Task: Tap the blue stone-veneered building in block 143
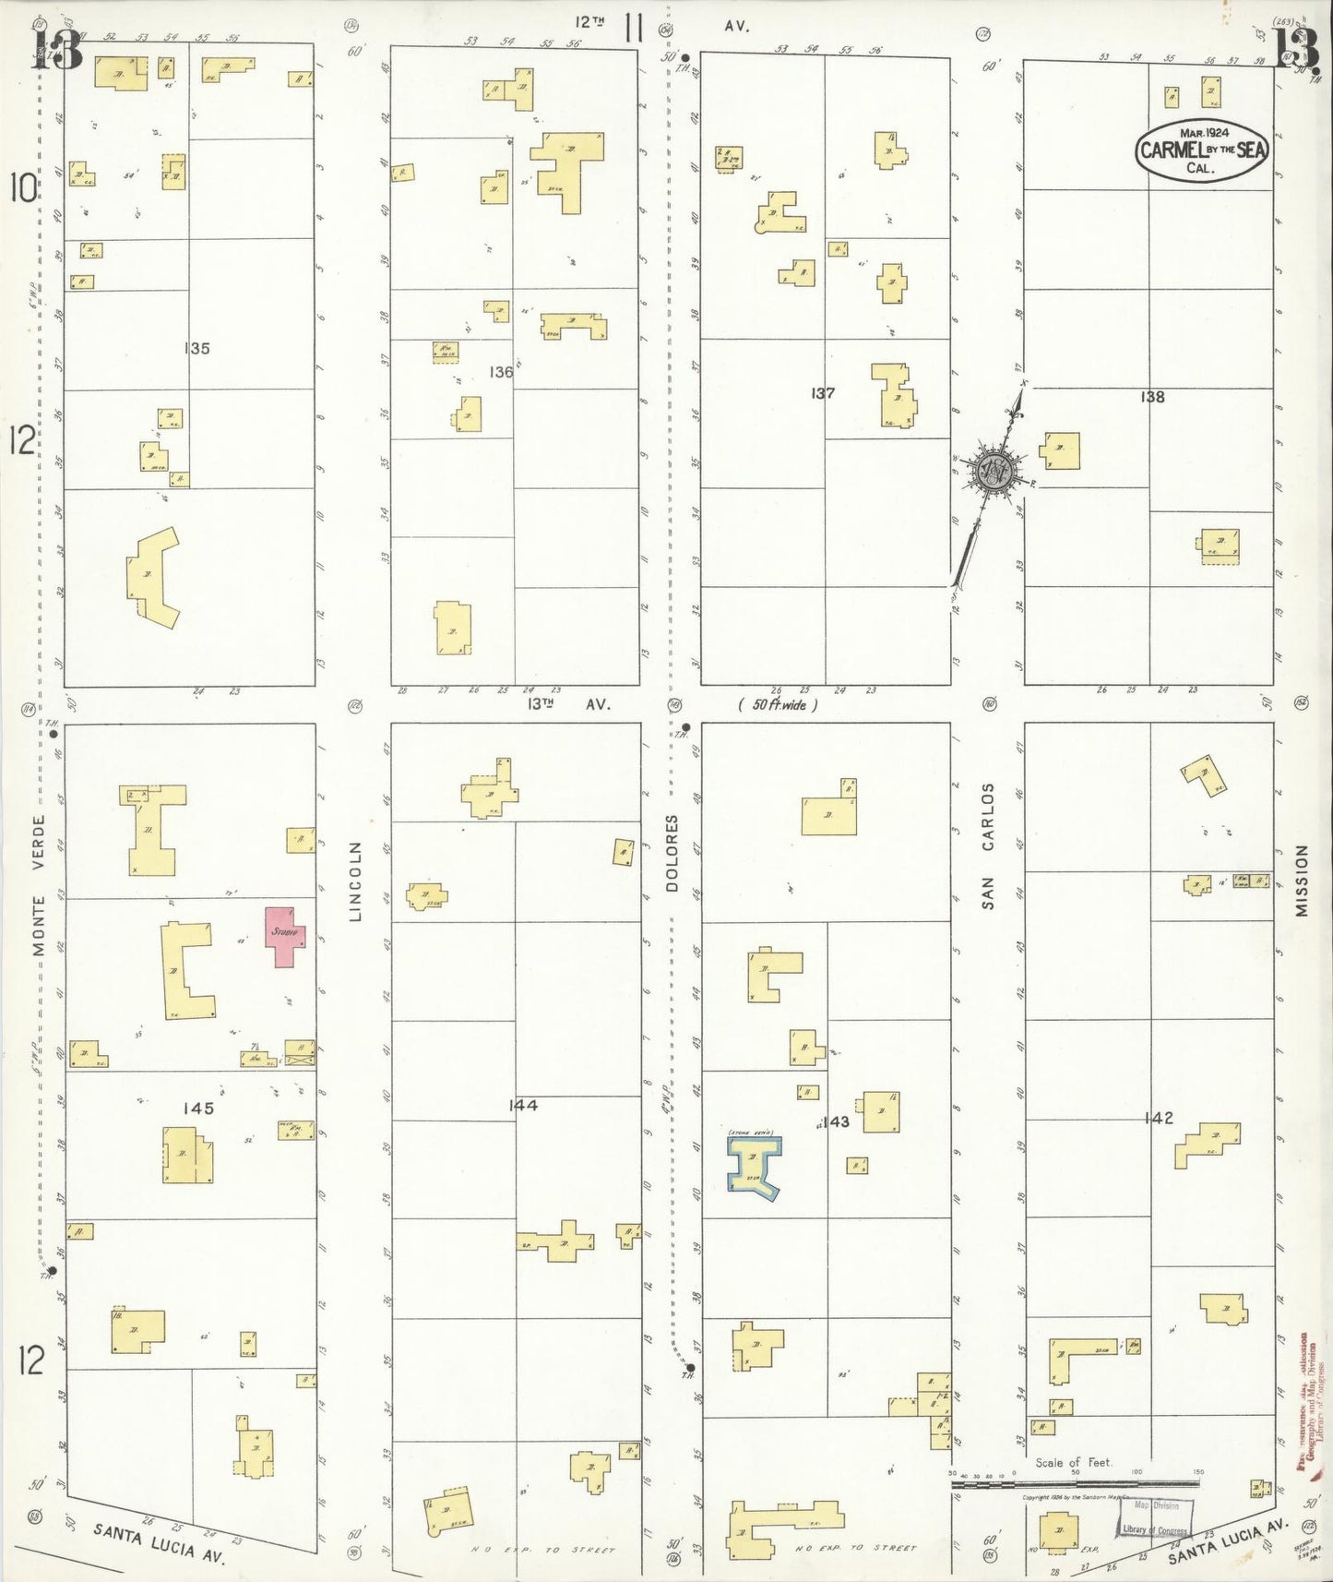755,1166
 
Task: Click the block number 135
196,348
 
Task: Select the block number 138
1152,397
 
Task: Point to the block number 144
523,1105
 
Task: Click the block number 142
1158,1118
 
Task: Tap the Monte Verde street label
39,872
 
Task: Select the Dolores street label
672,852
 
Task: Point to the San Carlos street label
988,846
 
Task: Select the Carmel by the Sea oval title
1202,150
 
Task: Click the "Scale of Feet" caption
1074,1462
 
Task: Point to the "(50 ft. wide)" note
778,705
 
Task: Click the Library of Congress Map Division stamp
1156,1516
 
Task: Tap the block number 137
823,393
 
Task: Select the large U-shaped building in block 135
153,579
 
